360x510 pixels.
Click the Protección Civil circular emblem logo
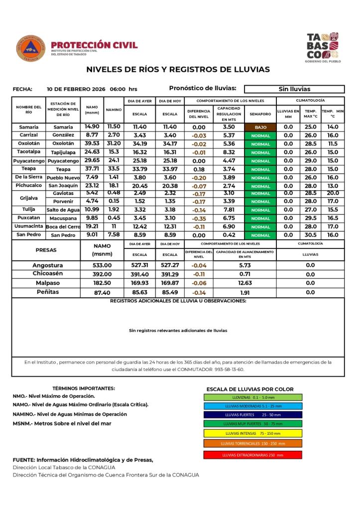(x=31, y=48)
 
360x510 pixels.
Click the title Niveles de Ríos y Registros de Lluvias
(x=178, y=69)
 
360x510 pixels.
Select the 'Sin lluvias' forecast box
(x=294, y=89)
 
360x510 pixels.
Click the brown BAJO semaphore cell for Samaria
(x=260, y=127)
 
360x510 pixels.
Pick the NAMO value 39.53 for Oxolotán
(x=92, y=143)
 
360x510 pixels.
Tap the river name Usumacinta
(x=29, y=226)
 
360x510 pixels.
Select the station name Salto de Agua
(x=63, y=210)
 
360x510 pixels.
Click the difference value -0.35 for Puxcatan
(x=199, y=218)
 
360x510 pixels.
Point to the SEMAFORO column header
(x=260, y=114)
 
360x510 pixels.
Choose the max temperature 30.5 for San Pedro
(x=310, y=235)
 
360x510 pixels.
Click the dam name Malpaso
(x=48, y=283)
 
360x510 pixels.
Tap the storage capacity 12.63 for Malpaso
(x=244, y=283)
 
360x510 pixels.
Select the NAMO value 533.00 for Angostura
(x=103, y=265)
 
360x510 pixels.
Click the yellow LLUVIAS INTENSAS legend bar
(x=252, y=433)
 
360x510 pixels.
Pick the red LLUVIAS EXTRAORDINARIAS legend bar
(x=252, y=455)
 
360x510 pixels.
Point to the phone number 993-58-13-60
(x=229, y=370)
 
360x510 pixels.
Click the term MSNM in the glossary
(x=21, y=423)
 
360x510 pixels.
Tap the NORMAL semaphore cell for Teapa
(x=260, y=169)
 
